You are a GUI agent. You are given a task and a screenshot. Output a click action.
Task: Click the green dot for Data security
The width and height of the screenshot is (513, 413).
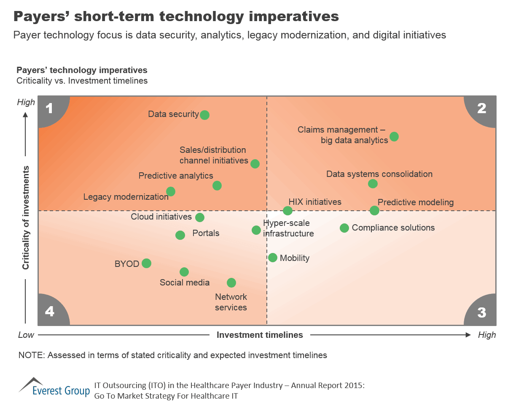[x=204, y=115]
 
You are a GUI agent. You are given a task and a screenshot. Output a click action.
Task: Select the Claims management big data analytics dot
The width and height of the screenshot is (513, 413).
[x=394, y=136]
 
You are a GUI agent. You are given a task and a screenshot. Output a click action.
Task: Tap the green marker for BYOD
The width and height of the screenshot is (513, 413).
[x=146, y=263]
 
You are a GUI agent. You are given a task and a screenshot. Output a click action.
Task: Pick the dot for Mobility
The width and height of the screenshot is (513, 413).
[x=273, y=258]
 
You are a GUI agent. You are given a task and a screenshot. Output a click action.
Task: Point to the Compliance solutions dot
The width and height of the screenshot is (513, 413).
[x=344, y=228]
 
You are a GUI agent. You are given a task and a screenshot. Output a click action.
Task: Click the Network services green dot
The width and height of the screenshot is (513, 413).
[x=231, y=283]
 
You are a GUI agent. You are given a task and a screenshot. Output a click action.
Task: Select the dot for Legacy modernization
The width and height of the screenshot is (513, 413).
[x=170, y=192]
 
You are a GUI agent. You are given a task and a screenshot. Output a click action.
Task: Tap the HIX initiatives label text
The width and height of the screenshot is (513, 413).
[x=315, y=202]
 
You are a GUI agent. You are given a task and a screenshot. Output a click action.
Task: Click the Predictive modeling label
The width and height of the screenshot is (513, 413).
[x=415, y=202]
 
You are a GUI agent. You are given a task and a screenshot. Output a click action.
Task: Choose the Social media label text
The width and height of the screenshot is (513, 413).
[x=184, y=283]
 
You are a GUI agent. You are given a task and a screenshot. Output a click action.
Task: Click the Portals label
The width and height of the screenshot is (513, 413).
[x=206, y=233]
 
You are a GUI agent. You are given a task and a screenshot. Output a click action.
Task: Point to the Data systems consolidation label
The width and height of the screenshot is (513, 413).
[x=379, y=174]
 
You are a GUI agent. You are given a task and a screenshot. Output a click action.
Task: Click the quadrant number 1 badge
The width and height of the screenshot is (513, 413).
[x=50, y=109]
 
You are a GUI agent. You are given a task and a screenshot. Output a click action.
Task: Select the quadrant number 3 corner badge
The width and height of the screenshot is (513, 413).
[x=481, y=312]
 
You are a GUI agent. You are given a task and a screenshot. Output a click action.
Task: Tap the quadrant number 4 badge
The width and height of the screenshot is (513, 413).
[x=50, y=312]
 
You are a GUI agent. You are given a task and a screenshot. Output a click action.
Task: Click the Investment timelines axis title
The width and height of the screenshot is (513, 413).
[x=260, y=335]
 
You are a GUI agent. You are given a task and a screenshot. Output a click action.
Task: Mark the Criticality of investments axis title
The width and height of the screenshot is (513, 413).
[x=26, y=217]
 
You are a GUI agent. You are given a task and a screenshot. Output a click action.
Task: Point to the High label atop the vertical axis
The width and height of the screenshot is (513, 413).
[x=25, y=102]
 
